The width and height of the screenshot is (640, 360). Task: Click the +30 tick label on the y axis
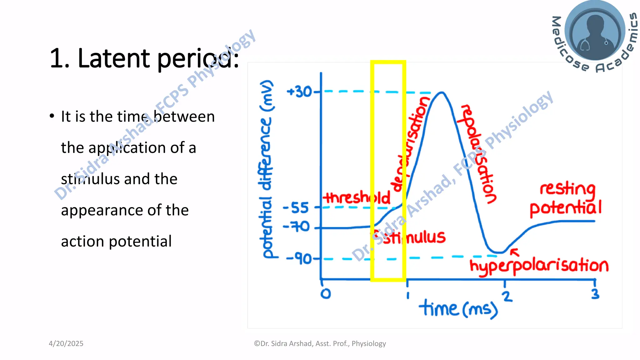pos(299,92)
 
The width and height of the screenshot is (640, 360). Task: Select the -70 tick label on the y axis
pos(296,227)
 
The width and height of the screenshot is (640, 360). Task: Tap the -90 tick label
pos(299,259)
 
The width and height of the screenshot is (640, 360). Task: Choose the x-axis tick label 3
pos(595,294)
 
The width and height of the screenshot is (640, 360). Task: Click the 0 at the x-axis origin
pos(326,294)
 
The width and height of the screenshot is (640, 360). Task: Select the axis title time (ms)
pos(458,309)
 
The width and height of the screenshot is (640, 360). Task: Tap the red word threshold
pos(356,197)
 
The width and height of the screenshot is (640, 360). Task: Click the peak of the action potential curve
pos(442,92)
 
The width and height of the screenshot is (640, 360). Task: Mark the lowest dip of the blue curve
pos(498,252)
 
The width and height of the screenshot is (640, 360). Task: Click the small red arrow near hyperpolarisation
pos(515,252)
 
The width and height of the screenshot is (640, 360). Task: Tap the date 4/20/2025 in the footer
pos(66,343)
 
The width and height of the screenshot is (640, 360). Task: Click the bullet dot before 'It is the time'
pos(52,116)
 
